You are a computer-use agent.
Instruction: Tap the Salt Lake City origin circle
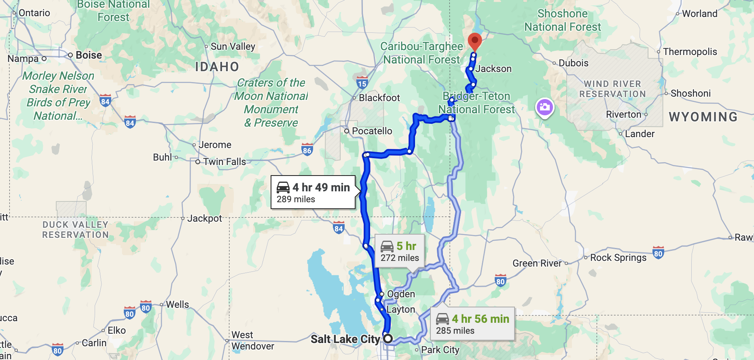click(x=388, y=339)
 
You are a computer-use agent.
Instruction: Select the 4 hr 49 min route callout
click(x=313, y=192)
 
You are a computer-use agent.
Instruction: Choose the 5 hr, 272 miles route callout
click(x=399, y=251)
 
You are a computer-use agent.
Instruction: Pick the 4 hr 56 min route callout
click(x=472, y=324)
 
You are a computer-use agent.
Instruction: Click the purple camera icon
click(x=544, y=107)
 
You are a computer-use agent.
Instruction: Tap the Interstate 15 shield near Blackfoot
click(x=362, y=83)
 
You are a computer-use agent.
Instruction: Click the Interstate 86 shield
click(x=307, y=150)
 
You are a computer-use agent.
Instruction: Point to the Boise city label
click(x=89, y=55)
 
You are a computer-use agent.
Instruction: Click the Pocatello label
click(x=372, y=131)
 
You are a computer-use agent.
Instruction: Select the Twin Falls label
click(x=225, y=162)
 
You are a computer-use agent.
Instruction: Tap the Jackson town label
click(x=493, y=69)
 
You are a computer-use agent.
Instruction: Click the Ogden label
click(x=401, y=294)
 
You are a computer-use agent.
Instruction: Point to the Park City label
click(x=440, y=350)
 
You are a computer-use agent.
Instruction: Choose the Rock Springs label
click(x=618, y=258)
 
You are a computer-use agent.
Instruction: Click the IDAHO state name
click(x=217, y=67)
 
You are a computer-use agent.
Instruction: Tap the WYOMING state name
click(x=703, y=117)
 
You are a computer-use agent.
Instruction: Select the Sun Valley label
click(x=233, y=47)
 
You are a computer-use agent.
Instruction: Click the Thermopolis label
click(x=690, y=52)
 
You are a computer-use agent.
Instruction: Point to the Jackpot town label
click(x=204, y=218)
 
